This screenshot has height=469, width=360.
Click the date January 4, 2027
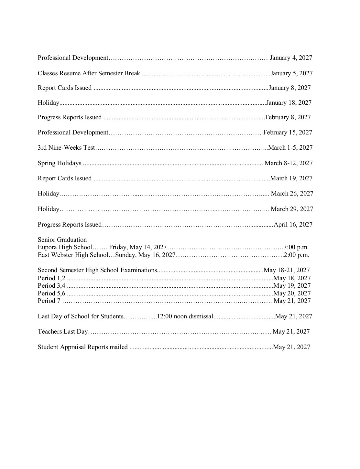(291, 58)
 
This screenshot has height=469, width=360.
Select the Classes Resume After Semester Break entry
(89, 73)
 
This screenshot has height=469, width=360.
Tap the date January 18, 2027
(289, 103)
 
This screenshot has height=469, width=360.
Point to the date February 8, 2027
(288, 117)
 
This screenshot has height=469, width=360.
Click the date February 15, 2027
(288, 133)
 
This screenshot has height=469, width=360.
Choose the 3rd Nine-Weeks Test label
(66, 148)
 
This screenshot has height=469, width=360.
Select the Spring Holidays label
(60, 163)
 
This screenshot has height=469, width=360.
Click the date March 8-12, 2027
(289, 163)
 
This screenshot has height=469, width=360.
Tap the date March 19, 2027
(291, 178)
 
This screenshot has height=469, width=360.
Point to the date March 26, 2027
(292, 194)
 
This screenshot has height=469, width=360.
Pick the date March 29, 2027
(292, 209)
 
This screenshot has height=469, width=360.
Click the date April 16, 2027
(293, 225)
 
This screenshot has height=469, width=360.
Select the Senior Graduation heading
(62, 240)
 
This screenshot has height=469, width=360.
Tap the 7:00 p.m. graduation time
(296, 248)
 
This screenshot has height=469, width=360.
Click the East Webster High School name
(73, 255)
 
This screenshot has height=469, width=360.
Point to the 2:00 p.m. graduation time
(296, 255)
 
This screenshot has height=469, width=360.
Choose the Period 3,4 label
(51, 286)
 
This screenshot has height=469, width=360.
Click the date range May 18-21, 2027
(287, 270)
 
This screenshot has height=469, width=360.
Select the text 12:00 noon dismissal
(185, 316)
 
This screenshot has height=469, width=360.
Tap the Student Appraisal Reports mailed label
(82, 347)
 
